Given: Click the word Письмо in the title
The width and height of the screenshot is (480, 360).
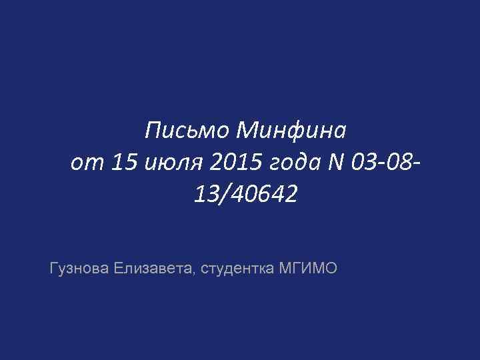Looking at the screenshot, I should click(x=187, y=130).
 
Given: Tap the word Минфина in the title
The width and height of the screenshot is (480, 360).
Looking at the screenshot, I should click(x=291, y=130).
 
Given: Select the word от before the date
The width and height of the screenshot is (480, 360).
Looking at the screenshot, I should click(x=82, y=163).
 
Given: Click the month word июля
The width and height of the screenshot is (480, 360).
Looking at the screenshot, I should click(x=161, y=163).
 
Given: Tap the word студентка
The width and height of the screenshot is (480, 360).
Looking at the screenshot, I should click(x=233, y=269).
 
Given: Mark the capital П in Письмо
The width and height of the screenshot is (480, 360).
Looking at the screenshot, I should click(x=153, y=130).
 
